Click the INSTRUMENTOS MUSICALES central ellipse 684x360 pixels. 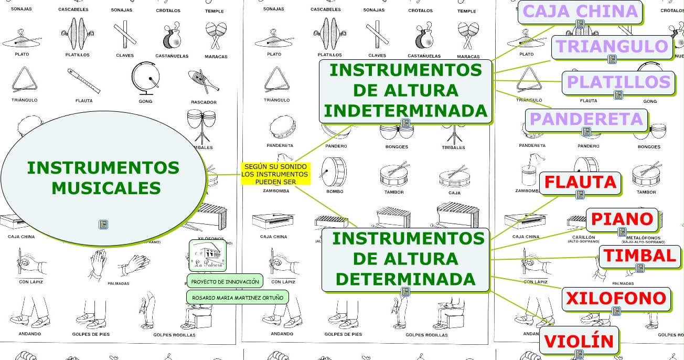(103, 178)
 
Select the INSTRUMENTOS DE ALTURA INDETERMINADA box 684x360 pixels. (405, 90)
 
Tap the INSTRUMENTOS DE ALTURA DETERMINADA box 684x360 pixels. (405, 259)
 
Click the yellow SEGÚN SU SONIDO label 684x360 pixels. (275, 174)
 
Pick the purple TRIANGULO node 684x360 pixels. (612, 47)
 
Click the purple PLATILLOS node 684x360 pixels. (618, 82)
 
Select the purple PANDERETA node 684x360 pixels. (586, 119)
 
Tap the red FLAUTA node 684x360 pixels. (580, 182)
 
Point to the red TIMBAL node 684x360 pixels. (639, 256)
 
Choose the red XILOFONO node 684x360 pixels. (616, 299)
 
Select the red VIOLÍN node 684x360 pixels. (579, 341)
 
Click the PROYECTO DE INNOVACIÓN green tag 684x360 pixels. (225, 282)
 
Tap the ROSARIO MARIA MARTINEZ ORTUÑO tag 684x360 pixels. (238, 298)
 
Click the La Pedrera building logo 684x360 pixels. (207, 256)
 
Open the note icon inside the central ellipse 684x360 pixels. (103, 225)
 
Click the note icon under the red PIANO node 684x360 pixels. (622, 231)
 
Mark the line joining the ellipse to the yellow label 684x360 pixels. (223, 175)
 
